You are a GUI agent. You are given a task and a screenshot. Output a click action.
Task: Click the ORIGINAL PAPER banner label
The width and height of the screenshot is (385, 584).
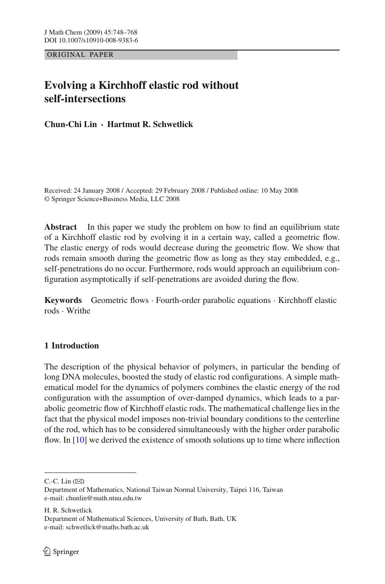pyautogui.click(x=80, y=55)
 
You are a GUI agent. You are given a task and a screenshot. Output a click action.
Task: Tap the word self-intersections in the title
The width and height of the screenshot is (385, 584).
pyautogui.click(x=85, y=99)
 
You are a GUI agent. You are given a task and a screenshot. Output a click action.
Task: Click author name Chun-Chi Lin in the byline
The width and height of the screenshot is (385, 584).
pyautogui.click(x=71, y=124)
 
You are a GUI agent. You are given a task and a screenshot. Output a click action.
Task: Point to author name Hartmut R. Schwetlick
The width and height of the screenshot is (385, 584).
pyautogui.click(x=150, y=124)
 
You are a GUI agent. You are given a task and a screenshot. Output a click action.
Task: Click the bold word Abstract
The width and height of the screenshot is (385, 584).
pyautogui.click(x=61, y=227)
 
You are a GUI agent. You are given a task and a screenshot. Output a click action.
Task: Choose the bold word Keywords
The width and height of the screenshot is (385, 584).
pyautogui.click(x=63, y=300)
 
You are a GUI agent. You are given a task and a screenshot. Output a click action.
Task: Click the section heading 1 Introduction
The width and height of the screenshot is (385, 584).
pyautogui.click(x=71, y=345)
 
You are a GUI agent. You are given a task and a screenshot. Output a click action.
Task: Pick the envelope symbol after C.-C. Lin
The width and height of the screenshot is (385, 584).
pyautogui.click(x=79, y=481)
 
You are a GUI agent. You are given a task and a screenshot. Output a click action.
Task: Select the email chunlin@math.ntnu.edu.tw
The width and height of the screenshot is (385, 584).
pyautogui.click(x=104, y=498)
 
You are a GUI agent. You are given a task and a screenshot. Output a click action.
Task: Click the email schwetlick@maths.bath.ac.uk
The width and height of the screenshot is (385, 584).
pyautogui.click(x=108, y=527)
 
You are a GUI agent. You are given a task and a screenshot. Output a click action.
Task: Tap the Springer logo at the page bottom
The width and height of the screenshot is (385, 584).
pyautogui.click(x=61, y=551)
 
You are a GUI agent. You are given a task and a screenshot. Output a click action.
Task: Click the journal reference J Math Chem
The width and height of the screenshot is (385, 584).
pyautogui.click(x=63, y=32)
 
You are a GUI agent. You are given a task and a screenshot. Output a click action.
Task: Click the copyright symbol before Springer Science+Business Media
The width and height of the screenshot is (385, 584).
pyautogui.click(x=47, y=199)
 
